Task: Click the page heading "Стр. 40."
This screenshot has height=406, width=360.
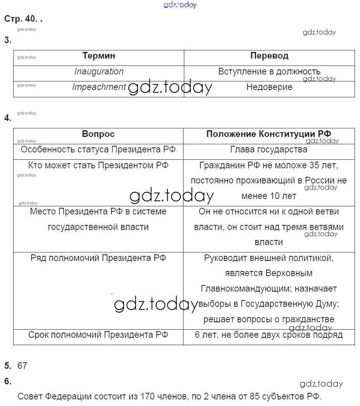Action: (x=21, y=19)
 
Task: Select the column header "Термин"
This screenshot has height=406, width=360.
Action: (x=99, y=56)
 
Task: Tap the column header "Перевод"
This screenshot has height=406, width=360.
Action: (x=269, y=56)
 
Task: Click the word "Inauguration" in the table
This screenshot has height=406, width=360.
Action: (x=99, y=72)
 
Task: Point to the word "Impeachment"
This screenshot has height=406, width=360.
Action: (x=99, y=87)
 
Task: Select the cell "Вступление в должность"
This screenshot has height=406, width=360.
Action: (x=269, y=72)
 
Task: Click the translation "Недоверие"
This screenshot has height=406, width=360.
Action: (x=269, y=87)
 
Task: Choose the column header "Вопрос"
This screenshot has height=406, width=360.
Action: (x=98, y=134)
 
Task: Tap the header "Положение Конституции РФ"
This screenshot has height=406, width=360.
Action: (x=268, y=134)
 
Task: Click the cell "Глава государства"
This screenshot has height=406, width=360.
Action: (x=268, y=150)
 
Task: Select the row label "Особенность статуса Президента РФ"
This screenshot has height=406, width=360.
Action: (x=98, y=150)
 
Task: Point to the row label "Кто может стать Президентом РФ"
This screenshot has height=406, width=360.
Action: (x=98, y=166)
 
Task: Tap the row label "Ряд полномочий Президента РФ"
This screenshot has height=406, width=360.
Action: (x=98, y=258)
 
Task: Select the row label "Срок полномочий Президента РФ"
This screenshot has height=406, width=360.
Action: (x=98, y=335)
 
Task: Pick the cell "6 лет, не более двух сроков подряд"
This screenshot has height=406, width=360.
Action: (x=268, y=335)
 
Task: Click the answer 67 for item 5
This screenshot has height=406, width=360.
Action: (x=22, y=366)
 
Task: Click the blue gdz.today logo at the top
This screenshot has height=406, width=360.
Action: (x=180, y=5)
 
